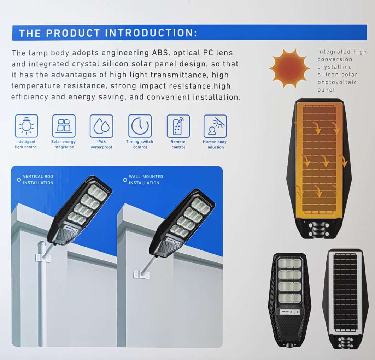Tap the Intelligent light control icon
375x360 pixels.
tap(26, 126)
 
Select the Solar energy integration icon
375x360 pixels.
tap(64, 126)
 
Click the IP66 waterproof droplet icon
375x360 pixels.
tap(101, 126)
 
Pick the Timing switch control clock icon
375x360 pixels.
tap(140, 126)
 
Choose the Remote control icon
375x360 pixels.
tap(178, 126)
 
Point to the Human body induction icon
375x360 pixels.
tap(215, 126)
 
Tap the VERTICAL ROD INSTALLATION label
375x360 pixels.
tap(38, 179)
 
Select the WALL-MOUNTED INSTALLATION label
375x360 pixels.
tap(146, 179)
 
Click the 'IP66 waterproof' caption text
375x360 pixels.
tap(101, 144)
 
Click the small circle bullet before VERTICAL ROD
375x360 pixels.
tap(18, 179)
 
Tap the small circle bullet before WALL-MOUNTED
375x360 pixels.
tap(125, 180)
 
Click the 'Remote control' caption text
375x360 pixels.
tap(178, 144)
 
